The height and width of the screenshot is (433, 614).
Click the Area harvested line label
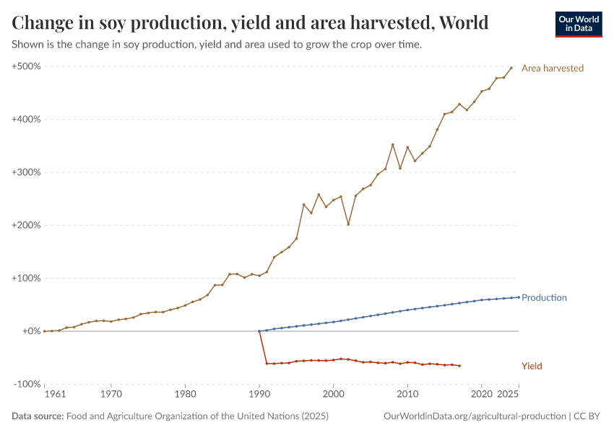552,68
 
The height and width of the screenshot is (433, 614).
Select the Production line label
544,297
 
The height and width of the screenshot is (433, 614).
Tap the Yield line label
532,366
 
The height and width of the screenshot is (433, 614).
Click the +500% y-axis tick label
26,66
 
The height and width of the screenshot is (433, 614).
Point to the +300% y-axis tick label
26,172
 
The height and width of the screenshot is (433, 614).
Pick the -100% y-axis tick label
27,384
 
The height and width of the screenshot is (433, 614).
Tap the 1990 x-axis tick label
259,395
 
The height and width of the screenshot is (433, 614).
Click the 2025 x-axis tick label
509,395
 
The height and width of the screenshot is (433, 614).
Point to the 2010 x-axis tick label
407,395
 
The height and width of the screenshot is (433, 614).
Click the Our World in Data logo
579,24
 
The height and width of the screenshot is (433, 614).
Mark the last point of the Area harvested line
511,68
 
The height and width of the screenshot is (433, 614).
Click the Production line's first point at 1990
259,331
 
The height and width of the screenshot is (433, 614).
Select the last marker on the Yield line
459,366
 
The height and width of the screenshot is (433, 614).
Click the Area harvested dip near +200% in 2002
348,224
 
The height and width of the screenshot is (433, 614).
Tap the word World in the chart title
463,23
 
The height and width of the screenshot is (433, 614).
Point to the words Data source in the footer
38,416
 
